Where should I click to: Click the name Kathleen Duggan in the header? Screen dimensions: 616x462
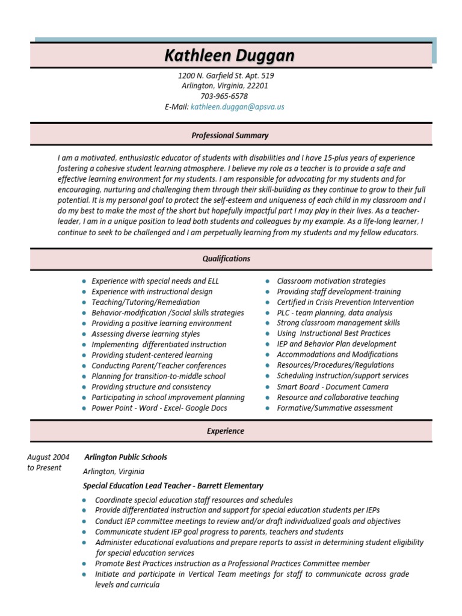tap(230, 56)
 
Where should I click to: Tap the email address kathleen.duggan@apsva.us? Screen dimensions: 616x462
tap(237, 106)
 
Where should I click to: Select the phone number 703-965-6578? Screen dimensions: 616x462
tap(224, 96)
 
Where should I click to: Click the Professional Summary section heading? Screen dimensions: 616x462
tap(230, 135)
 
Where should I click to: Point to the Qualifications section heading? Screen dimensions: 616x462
tap(226, 259)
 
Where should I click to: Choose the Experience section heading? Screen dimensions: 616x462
tap(226, 431)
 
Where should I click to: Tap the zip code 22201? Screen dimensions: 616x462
tap(257, 86)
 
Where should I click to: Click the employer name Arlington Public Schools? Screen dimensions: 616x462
tap(126, 457)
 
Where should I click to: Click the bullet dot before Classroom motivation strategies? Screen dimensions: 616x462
tap(267, 282)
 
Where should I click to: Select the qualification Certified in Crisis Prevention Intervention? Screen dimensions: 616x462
tap(345, 302)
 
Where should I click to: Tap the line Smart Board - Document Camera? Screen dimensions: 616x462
tap(333, 387)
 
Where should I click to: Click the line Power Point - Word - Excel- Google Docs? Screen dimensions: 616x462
tap(159, 408)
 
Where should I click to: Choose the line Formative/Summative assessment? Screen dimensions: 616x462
tap(334, 408)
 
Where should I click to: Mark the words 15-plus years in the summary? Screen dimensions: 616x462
tap(343, 158)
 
